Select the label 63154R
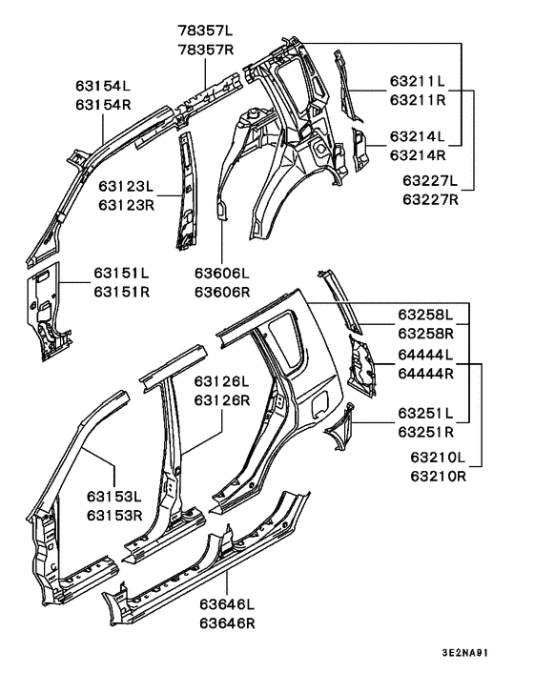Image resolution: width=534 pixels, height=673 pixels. click(x=104, y=105)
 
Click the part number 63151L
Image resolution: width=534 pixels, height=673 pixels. click(x=121, y=274)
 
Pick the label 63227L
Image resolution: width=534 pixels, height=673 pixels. click(x=430, y=180)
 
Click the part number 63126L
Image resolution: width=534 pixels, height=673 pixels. click(x=221, y=381)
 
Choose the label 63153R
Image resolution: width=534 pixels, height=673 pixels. click(x=114, y=515)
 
